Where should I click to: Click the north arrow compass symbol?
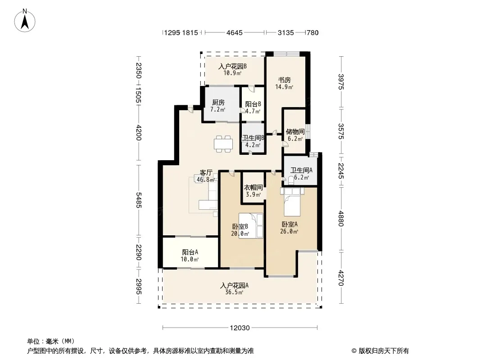[25, 21]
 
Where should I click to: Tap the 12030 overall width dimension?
[240, 328]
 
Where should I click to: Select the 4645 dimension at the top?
[235, 32]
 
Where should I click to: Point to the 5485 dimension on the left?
[139, 200]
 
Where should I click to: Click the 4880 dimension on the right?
[341, 219]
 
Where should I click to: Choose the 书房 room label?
[284, 80]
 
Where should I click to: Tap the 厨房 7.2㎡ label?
[218, 106]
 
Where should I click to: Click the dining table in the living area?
[223, 144]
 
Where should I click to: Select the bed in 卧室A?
[292, 202]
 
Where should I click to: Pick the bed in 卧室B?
[251, 226]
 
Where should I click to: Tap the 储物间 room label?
[295, 131]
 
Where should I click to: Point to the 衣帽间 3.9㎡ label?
[253, 190]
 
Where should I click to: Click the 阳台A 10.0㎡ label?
[190, 256]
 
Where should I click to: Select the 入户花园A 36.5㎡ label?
[234, 289]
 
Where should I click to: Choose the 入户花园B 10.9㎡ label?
[232, 69]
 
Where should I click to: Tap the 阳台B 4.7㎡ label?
[253, 108]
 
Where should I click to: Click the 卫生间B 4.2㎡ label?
[253, 141]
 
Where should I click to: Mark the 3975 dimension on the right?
[341, 82]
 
